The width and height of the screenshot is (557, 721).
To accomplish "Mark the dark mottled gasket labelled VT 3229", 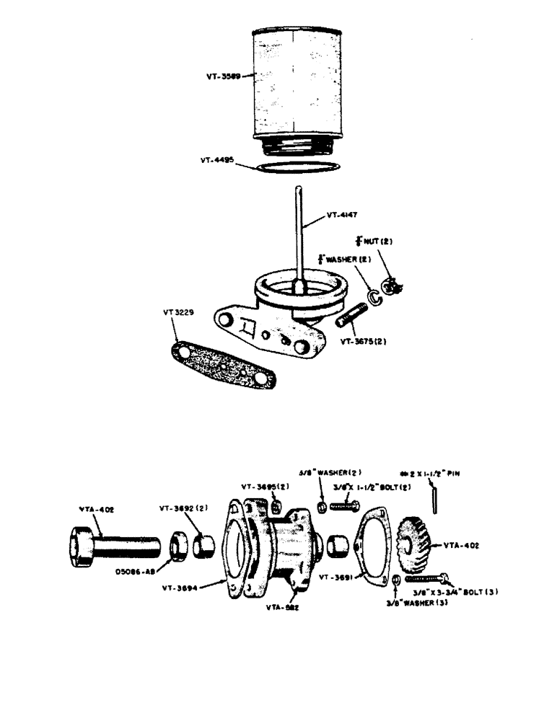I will pyautogui.click(x=224, y=365).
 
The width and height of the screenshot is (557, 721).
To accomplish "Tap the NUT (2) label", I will pyautogui.click(x=375, y=241).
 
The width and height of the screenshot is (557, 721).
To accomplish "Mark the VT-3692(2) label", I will pyautogui.click(x=183, y=507).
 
